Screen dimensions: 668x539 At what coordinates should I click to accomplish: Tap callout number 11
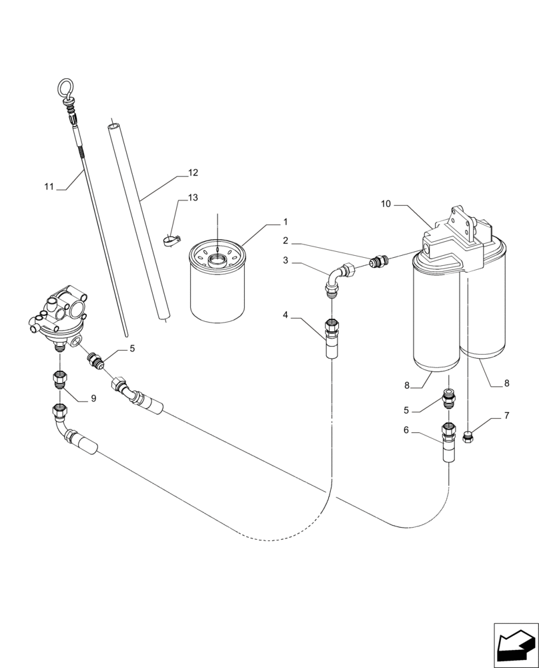(49, 187)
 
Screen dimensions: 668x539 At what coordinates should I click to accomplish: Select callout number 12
(193, 172)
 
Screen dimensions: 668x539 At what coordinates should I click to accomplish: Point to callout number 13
(193, 198)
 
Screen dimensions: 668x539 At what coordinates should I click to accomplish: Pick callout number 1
(285, 222)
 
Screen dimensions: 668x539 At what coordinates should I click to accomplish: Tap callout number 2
(285, 240)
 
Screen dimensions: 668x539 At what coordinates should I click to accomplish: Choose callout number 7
(506, 416)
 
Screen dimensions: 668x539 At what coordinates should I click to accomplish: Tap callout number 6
(406, 431)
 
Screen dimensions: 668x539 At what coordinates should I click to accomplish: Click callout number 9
(93, 398)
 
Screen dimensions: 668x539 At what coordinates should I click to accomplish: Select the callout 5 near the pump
(132, 348)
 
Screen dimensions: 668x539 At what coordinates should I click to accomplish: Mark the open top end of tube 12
(114, 124)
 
